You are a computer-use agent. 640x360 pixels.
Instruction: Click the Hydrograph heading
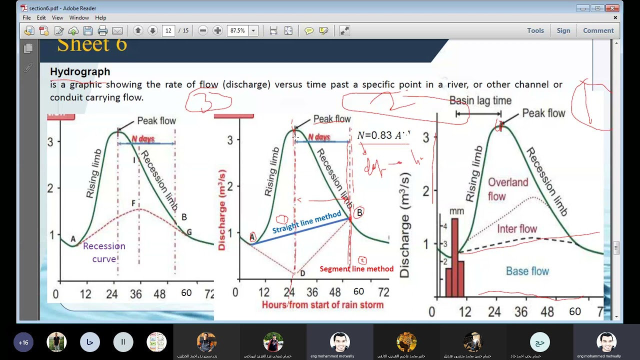pyautogui.click(x=80, y=71)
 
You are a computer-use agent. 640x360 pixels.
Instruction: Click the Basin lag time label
pyautogui.click(x=480, y=100)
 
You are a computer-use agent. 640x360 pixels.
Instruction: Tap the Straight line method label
pyautogui.click(x=306, y=222)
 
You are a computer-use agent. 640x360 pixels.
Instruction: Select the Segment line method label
pyautogui.click(x=356, y=269)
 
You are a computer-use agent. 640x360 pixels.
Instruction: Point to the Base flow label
pyautogui.click(x=527, y=271)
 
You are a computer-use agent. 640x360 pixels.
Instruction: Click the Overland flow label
pyautogui.click(x=507, y=189)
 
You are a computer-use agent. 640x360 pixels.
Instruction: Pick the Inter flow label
pyautogui.click(x=517, y=229)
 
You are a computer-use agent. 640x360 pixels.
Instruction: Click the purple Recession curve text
pyautogui.click(x=104, y=252)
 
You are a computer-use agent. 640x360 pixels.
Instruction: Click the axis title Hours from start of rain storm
pyautogui.click(x=322, y=304)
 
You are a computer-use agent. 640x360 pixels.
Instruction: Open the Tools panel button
pyautogui.click(x=535, y=30)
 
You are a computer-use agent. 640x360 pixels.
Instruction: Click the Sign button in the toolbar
pyautogui.click(x=563, y=30)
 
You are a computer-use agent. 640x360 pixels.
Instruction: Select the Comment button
pyautogui.click(x=598, y=30)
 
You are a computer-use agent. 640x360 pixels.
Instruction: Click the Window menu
pyautogui.click(x=79, y=17)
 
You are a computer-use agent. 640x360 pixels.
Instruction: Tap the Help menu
pyautogui.click(x=100, y=17)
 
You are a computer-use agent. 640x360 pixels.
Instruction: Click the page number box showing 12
pyautogui.click(x=168, y=30)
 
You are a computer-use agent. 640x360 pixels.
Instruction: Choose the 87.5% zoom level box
pyautogui.click(x=238, y=30)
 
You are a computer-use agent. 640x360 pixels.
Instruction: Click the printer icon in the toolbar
pyautogui.click(x=102, y=30)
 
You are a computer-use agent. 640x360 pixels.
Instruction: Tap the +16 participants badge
pyautogui.click(x=23, y=342)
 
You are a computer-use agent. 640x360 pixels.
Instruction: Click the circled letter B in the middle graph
pyautogui.click(x=359, y=213)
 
